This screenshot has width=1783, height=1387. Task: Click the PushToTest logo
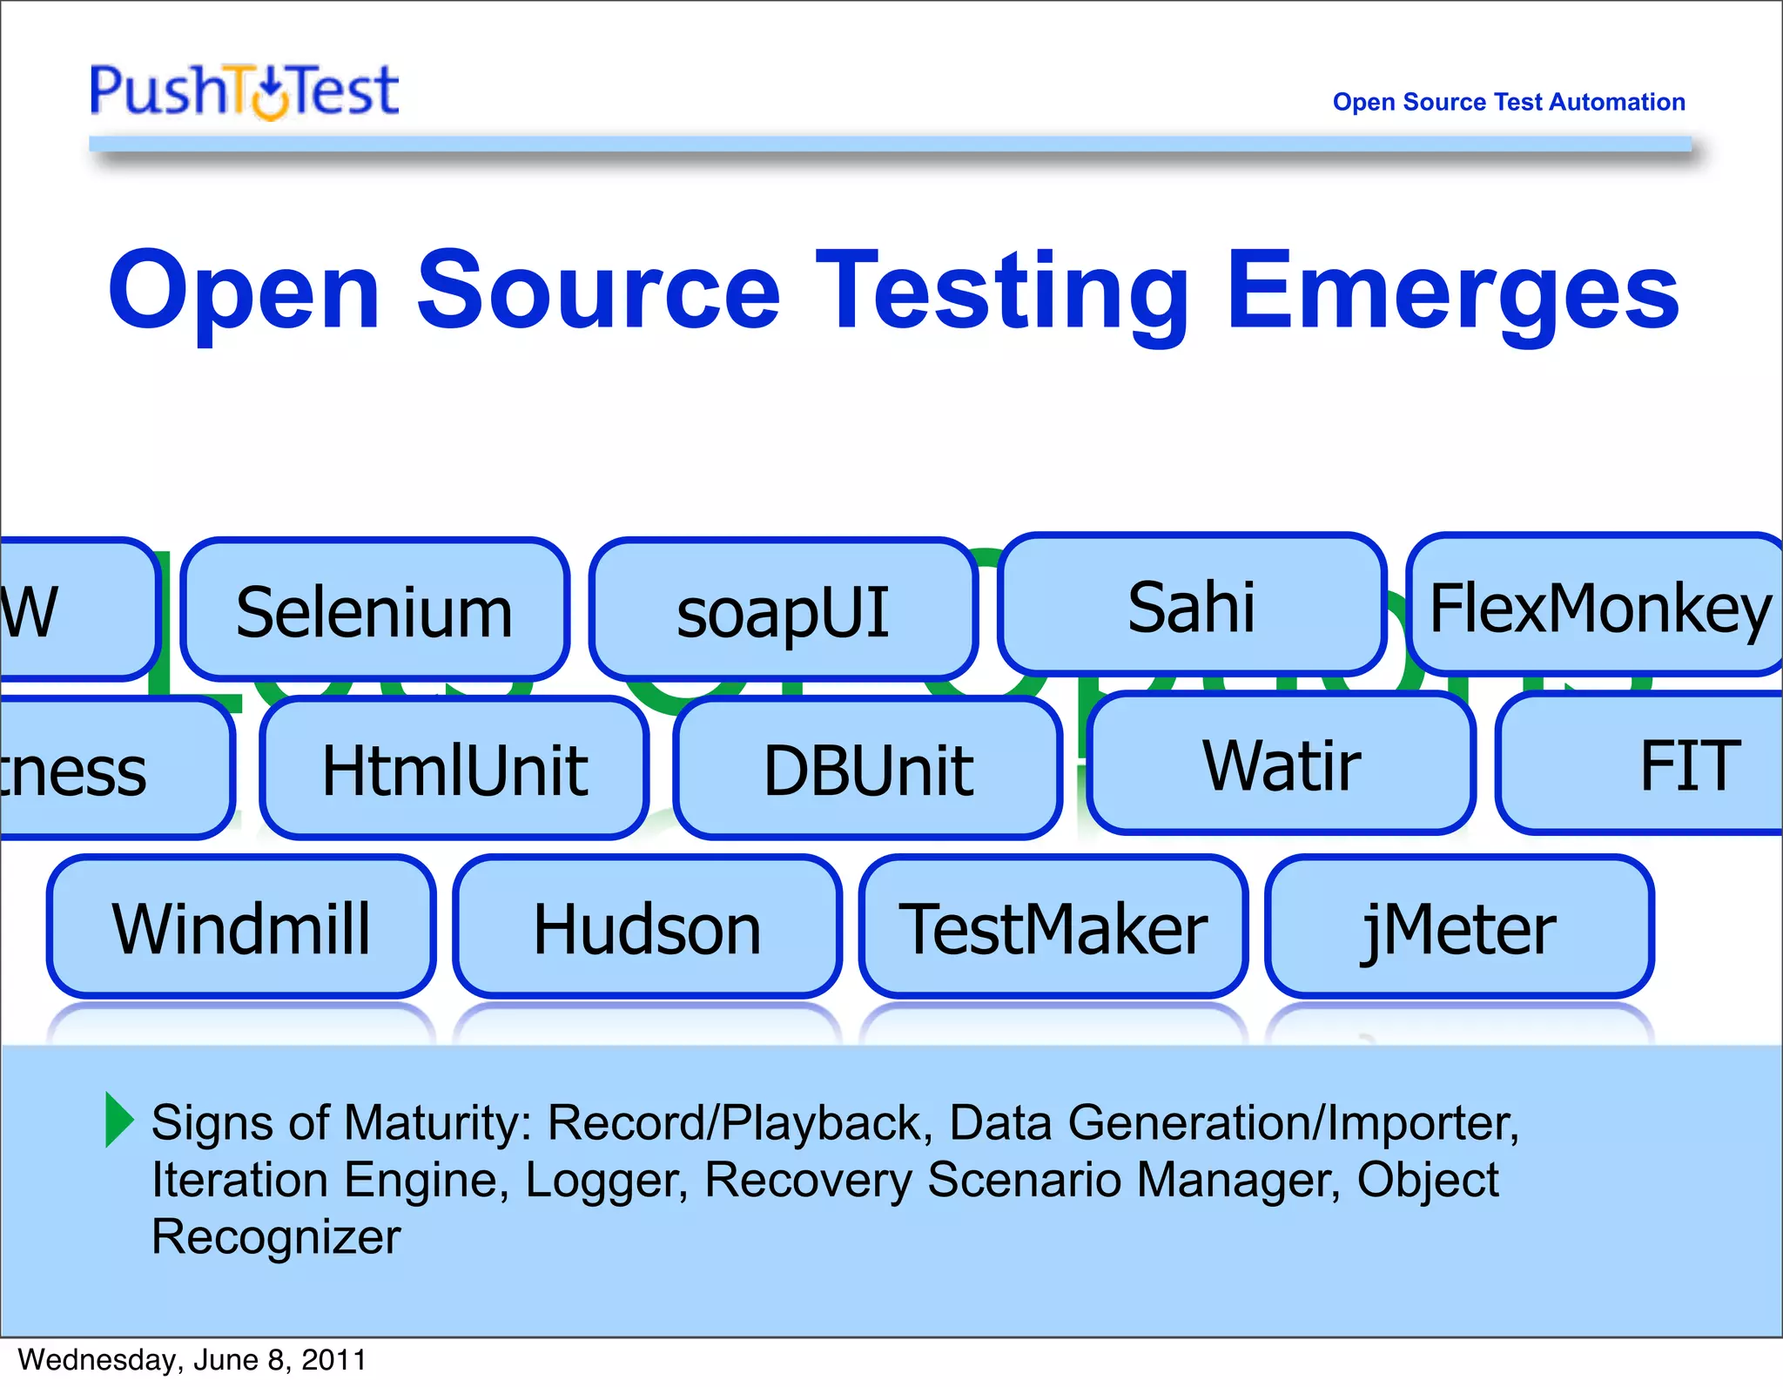[x=245, y=91]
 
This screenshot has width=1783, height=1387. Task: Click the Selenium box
[x=374, y=610]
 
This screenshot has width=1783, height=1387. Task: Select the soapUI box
[x=783, y=610]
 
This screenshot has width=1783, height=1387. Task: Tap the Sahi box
[x=1191, y=605]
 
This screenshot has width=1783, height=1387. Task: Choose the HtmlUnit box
[x=454, y=769]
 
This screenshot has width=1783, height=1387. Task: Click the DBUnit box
[x=868, y=769]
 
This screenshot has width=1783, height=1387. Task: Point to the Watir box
[x=1282, y=764]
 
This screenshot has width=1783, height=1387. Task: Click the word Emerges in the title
[x=1452, y=292]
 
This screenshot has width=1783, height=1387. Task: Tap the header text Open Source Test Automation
[x=1508, y=102]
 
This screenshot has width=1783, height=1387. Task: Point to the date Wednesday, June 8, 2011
[x=192, y=1360]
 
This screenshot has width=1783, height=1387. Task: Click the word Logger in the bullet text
[x=606, y=1181]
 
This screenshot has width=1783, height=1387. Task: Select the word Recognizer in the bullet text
[x=276, y=1237]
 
